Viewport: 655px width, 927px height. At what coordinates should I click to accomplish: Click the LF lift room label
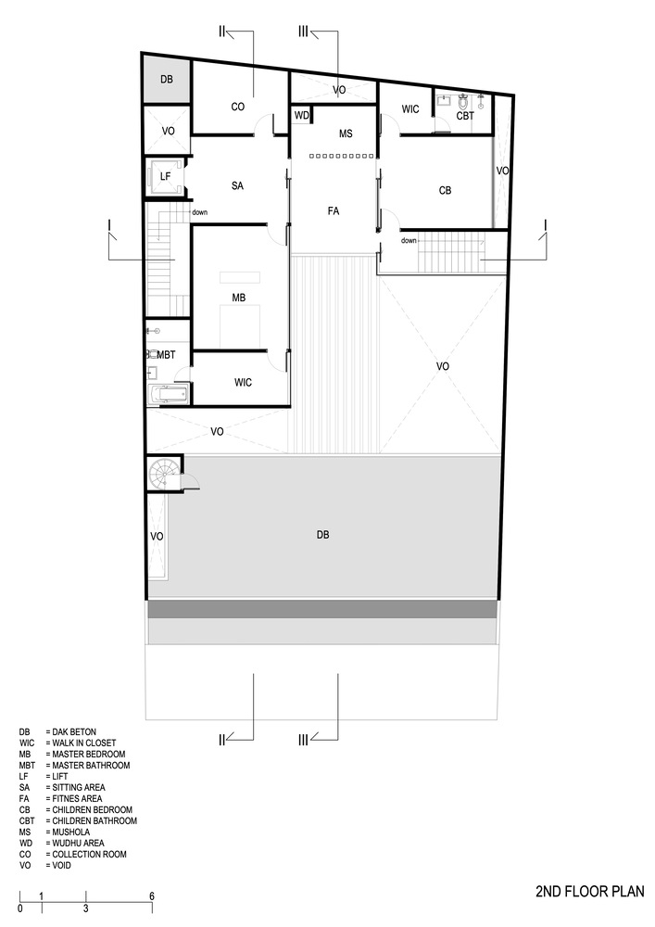[x=166, y=175]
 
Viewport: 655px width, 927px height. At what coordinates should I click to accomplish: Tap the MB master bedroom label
[x=238, y=298]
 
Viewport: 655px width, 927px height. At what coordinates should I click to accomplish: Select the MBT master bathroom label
[x=166, y=355]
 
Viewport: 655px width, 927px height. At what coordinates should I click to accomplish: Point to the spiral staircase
[x=163, y=476]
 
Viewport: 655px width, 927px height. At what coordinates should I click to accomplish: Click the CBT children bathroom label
[x=464, y=116]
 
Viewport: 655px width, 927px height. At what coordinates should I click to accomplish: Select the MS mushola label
[x=346, y=134]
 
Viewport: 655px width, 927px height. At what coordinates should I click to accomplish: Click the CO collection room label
[x=237, y=107]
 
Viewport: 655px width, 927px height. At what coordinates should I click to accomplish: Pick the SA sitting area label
[x=237, y=186]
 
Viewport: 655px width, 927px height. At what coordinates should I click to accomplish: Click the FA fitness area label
[x=334, y=211]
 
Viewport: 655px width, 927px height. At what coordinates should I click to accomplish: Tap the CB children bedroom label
[x=445, y=191]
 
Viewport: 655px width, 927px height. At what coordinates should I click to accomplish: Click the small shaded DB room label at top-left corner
[x=166, y=80]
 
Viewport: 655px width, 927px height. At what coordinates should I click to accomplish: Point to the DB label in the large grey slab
[x=322, y=535]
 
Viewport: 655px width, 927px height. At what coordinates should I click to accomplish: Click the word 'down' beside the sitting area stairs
[x=200, y=213]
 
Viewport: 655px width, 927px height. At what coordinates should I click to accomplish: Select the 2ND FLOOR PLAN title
[x=588, y=893]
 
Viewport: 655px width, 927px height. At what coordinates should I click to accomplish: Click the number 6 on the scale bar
[x=151, y=896]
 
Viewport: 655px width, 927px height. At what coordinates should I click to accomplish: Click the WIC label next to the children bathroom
[x=410, y=109]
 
